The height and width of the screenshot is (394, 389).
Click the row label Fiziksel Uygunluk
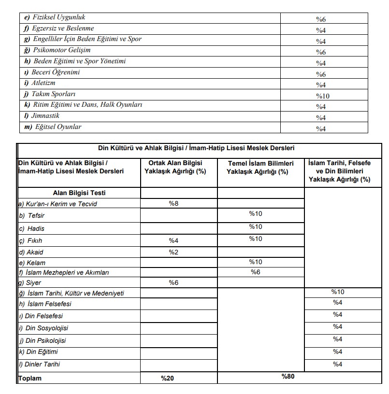coord(55,17)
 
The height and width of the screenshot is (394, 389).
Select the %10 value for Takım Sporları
coord(322,96)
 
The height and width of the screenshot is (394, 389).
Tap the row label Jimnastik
coord(45,116)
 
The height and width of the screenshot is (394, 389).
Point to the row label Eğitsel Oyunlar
coord(57,127)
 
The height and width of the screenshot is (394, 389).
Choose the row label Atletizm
coord(43,83)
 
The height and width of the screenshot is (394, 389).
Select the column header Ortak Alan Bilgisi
coord(175,167)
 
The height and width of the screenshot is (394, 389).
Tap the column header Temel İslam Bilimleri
coord(260,167)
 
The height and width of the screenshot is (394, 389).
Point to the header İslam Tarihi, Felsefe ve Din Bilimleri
coord(339,171)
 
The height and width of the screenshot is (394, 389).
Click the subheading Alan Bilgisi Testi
coord(78,193)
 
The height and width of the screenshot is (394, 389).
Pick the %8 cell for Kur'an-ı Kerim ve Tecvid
coord(174,204)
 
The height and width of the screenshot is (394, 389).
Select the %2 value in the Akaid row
coord(174,252)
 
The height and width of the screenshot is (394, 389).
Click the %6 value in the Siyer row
coord(174,283)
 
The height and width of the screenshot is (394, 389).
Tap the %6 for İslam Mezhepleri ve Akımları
coord(256,272)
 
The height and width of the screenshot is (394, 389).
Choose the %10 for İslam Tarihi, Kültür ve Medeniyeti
coord(338,292)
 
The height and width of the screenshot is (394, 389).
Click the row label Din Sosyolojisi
coord(43,328)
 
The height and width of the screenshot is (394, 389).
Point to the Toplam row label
coord(30,379)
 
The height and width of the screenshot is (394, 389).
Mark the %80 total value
coord(288,377)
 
